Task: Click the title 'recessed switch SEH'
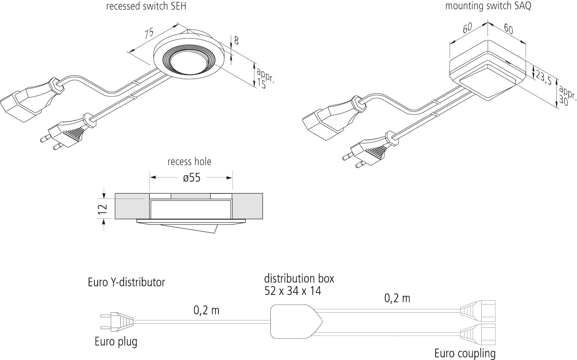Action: [146, 7]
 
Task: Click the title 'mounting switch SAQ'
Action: [488, 7]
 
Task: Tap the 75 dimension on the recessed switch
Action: [149, 34]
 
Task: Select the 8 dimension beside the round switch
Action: [236, 40]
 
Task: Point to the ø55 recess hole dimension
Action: [191, 178]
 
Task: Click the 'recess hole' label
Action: [189, 161]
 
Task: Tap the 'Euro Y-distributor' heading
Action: [126, 283]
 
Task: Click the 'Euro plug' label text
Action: [116, 342]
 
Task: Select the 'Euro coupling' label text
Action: [464, 353]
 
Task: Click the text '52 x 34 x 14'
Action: [293, 291]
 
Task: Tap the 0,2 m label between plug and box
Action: [206, 310]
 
